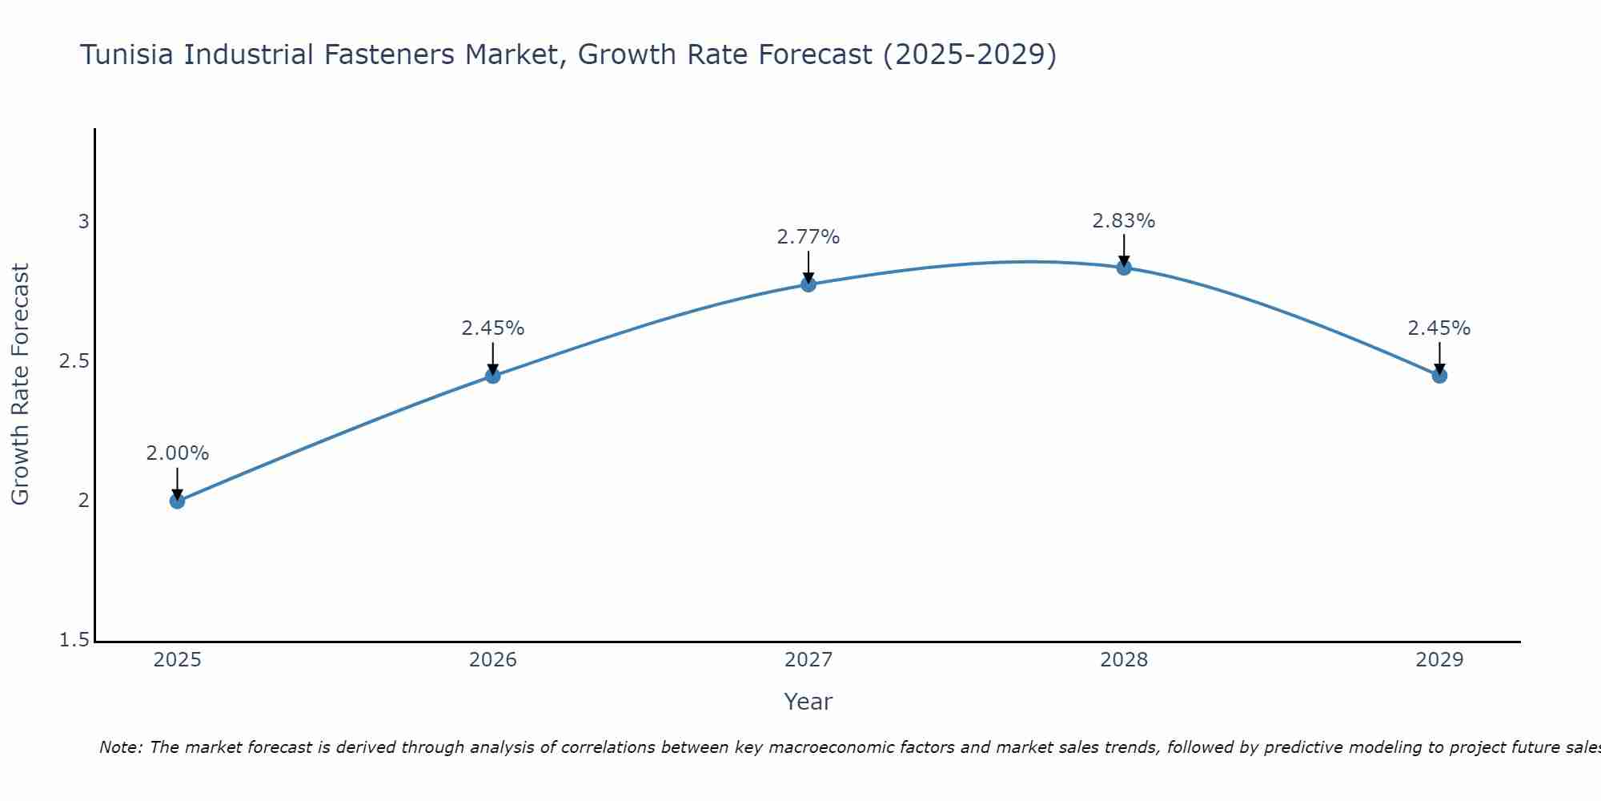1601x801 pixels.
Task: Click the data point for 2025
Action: [x=177, y=501]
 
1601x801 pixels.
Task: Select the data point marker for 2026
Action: [x=492, y=376]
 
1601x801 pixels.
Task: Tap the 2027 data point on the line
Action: [x=809, y=284]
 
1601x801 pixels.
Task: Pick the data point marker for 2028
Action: [x=1124, y=268]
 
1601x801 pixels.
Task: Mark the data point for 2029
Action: [x=1439, y=376]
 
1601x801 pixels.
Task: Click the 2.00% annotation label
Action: [x=177, y=453]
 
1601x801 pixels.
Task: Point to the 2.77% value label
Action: [x=809, y=237]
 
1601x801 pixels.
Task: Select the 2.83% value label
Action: [x=1124, y=221]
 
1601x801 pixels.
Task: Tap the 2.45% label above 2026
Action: [x=492, y=328]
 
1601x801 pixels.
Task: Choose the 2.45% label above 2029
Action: [x=1439, y=328]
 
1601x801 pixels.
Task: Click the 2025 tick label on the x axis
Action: [x=177, y=660]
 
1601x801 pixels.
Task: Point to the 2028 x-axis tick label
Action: [x=1124, y=660]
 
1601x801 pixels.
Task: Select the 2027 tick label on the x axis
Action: [x=809, y=660]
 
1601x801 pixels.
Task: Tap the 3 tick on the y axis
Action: [x=83, y=222]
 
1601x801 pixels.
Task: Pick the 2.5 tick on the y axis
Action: [x=74, y=361]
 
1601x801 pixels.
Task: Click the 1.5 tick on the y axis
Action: [x=74, y=641]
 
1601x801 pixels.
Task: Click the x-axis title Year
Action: [x=809, y=702]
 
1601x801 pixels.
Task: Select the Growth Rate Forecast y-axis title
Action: [x=21, y=384]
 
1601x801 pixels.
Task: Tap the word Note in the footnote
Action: [x=120, y=748]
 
